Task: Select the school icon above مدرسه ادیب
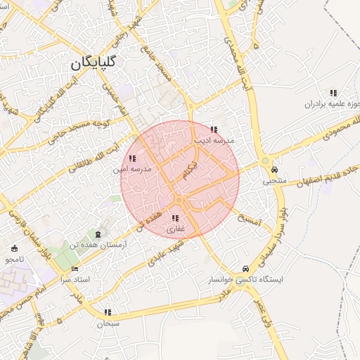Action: pos(214,129)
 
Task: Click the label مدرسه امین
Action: pos(130,169)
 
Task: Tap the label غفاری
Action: pos(175,229)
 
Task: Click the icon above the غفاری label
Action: pos(174,218)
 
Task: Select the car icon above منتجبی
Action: pos(274,169)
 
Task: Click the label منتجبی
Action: pos(275,181)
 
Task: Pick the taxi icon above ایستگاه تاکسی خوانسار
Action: pos(245,269)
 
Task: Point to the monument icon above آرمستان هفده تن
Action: pos(97,233)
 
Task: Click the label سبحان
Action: pos(108,323)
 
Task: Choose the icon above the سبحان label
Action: pos(108,312)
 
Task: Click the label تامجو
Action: pos(14,259)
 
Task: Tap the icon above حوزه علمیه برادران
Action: pos(333,93)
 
